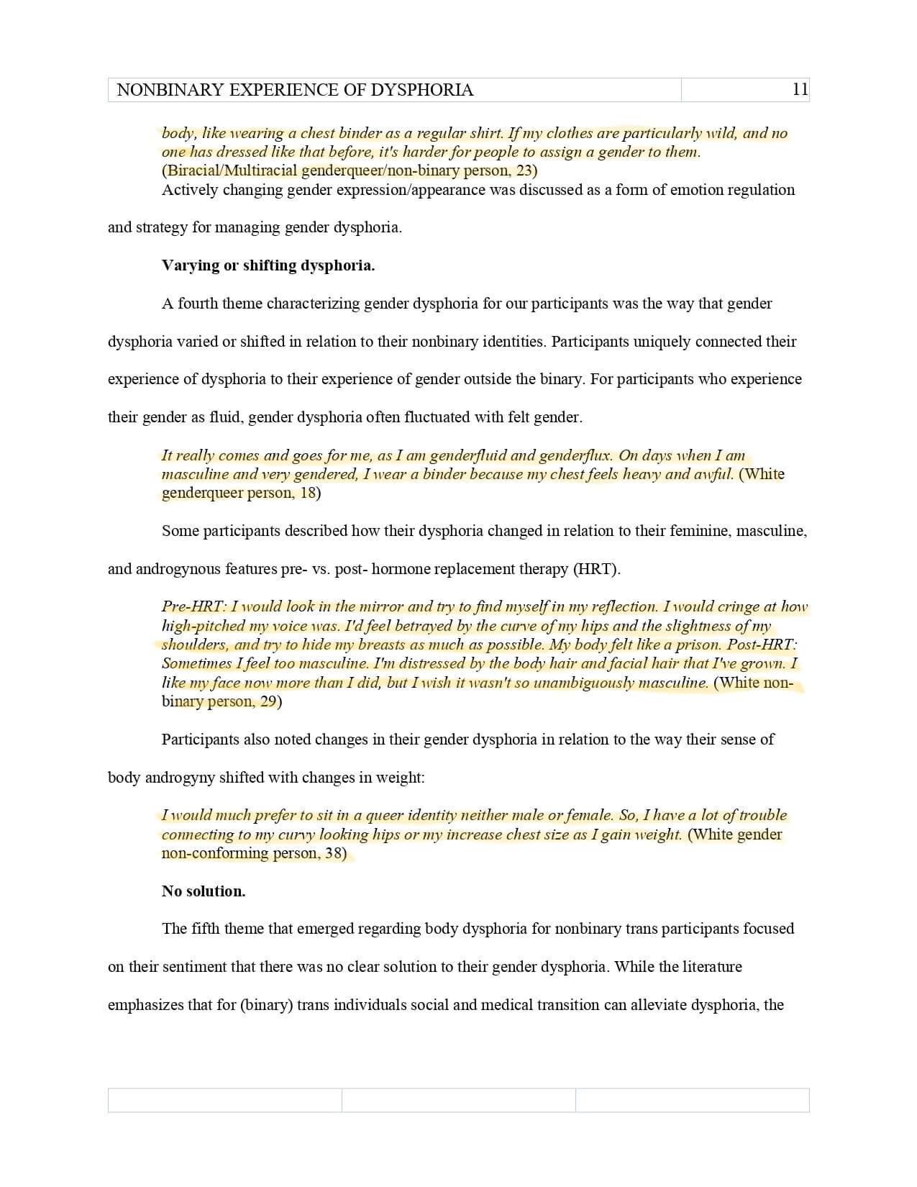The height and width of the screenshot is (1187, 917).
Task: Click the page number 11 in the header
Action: (800, 89)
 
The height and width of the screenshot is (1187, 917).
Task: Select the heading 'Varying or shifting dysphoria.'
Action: (268, 265)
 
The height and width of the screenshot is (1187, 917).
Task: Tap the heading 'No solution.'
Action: (204, 891)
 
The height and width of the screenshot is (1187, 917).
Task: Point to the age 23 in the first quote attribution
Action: (524, 171)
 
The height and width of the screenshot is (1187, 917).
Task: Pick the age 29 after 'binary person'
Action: (268, 701)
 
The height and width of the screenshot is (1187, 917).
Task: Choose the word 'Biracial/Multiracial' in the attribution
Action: (231, 171)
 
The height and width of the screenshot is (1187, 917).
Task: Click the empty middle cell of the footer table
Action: (458, 1100)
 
